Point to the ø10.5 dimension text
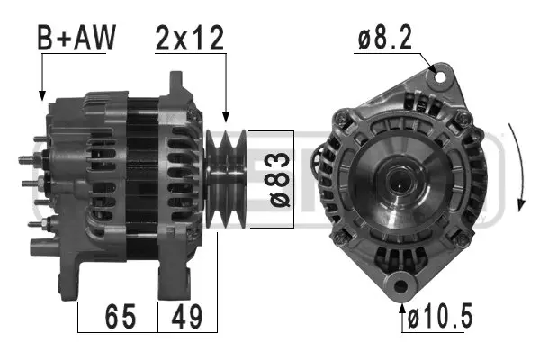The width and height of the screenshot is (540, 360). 440,317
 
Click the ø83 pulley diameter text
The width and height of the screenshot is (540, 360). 280,179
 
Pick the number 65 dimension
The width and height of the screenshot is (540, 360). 120,317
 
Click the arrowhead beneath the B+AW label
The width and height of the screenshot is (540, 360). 41,93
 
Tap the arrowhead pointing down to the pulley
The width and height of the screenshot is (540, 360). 225,117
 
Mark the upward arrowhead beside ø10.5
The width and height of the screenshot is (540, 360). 401,309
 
